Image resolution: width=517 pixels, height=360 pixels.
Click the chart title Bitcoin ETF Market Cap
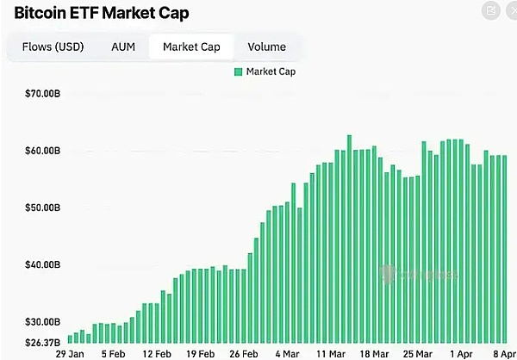coord(102,13)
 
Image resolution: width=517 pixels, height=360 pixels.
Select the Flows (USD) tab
coord(52,47)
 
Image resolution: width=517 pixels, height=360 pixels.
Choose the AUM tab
coord(123,47)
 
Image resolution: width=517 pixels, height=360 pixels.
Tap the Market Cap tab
coord(192,47)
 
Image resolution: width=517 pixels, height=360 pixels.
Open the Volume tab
coord(266,47)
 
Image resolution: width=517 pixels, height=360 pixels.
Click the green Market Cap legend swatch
coord(238,71)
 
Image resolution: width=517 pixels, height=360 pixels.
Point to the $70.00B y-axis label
coord(43,93)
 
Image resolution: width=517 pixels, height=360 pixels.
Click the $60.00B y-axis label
coord(43,151)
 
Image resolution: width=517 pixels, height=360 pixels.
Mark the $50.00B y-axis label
coord(43,208)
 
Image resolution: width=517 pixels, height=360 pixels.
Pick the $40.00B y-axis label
coord(43,264)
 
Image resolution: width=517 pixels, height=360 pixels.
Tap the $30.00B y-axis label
coord(43,321)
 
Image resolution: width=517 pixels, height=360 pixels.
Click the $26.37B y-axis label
coord(43,342)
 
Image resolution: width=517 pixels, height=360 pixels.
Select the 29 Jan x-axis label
coord(70,353)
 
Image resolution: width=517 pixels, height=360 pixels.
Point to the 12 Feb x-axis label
coord(157,353)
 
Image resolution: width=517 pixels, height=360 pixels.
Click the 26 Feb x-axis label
coord(245,353)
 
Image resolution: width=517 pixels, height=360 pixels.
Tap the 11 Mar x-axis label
coord(332,353)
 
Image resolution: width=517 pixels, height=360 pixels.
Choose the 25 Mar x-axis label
coord(419,353)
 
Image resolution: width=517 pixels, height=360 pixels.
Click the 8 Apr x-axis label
coord(503,353)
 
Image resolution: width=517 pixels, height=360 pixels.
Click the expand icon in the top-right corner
coord(491,11)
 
